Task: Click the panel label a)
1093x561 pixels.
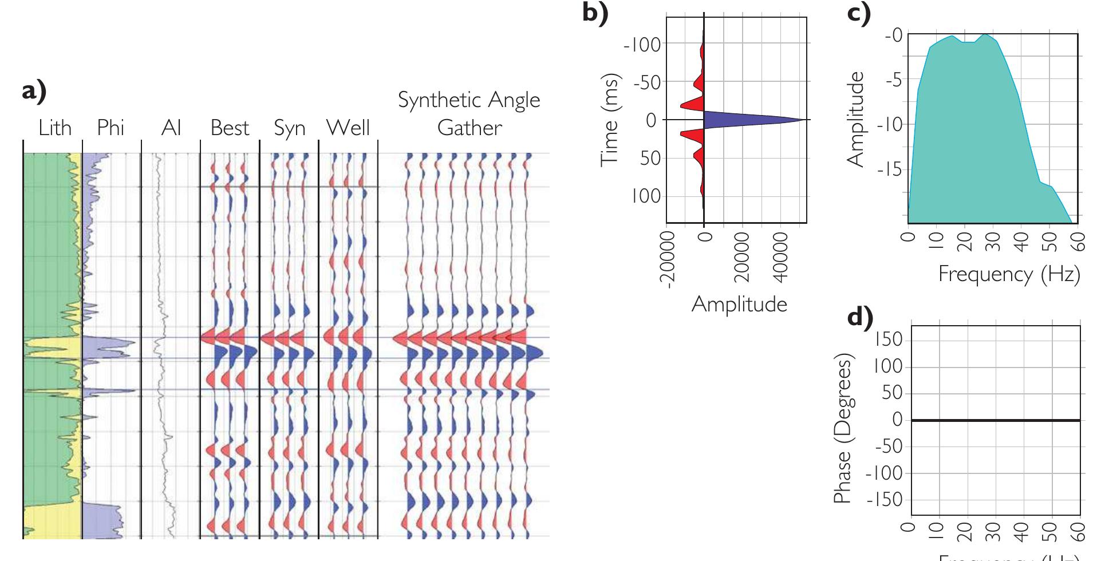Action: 34,90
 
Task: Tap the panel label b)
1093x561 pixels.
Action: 595,13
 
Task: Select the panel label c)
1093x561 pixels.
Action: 859,13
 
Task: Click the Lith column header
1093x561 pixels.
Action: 55,127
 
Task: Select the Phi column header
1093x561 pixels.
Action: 111,127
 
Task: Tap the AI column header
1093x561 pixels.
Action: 171,127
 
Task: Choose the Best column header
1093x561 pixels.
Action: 230,127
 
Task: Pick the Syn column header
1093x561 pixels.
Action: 289,128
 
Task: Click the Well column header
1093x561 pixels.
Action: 348,127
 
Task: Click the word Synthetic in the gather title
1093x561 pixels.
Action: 433,100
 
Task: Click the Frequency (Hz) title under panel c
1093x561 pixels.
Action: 1009,274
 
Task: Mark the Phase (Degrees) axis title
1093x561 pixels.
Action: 842,428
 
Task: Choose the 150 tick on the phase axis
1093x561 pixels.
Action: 888,339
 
